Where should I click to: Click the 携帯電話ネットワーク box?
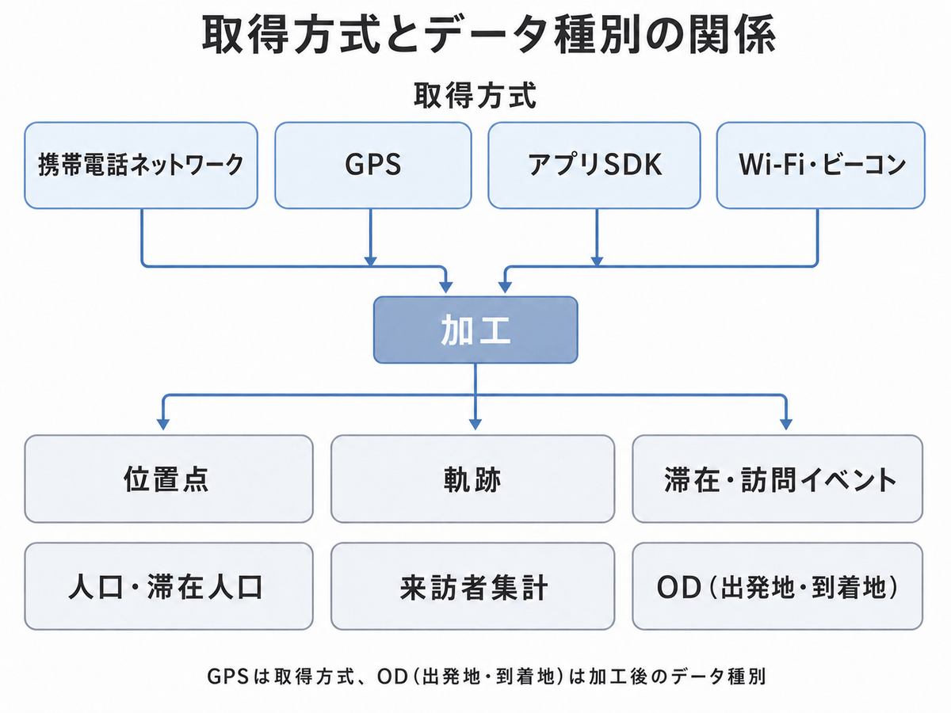tap(141, 166)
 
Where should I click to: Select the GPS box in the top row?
tap(373, 166)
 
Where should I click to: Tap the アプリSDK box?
tap(594, 166)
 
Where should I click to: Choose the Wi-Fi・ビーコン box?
tap(821, 166)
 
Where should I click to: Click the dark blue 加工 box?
tap(475, 330)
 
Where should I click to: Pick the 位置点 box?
tap(169, 479)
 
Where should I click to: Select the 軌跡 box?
tap(472, 479)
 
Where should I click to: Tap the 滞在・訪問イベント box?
tap(777, 479)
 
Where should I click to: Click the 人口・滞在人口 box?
tap(169, 586)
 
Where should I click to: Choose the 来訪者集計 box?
tap(472, 586)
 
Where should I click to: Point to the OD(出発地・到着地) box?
tap(777, 586)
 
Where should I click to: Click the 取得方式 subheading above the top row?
tap(475, 95)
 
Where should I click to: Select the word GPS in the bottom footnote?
tap(228, 677)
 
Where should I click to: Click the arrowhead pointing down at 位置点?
tap(163, 425)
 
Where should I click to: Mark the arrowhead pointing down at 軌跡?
tap(475, 425)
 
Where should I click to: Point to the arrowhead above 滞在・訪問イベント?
tap(786, 425)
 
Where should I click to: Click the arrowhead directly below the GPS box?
tap(370, 261)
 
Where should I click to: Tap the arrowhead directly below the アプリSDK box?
tap(597, 261)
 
